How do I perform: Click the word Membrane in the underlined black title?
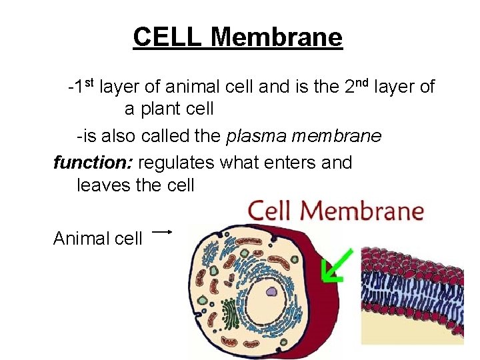[276, 37]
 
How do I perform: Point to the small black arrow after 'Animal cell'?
[163, 232]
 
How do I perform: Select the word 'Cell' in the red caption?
[271, 211]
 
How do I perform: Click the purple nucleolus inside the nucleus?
[272, 291]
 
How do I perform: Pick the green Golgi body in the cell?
[229, 313]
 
